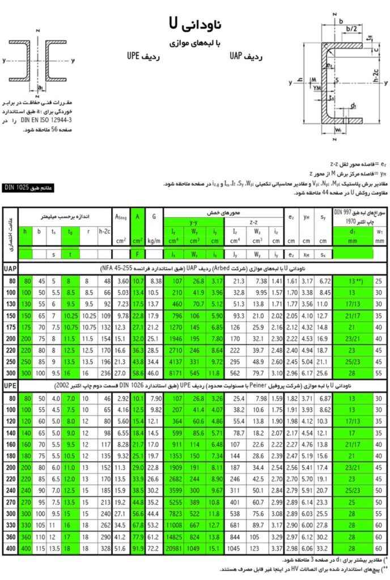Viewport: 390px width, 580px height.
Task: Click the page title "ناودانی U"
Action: (x=196, y=23)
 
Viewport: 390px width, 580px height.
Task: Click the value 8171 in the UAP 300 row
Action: (x=174, y=374)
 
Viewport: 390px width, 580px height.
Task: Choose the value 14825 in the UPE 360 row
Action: (x=173, y=537)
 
